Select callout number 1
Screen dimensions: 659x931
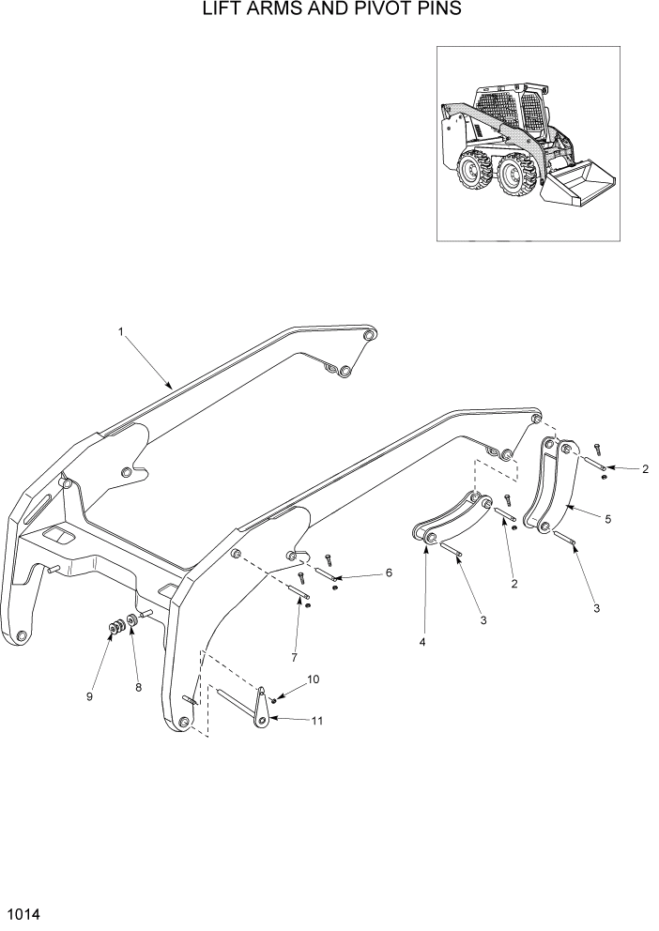click(x=121, y=331)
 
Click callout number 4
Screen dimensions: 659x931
click(x=422, y=641)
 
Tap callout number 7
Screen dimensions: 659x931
click(x=294, y=654)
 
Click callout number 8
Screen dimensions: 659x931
click(x=139, y=687)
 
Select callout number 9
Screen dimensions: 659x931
click(x=90, y=695)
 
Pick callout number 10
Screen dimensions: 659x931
click(x=313, y=679)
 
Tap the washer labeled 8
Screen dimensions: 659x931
click(x=133, y=621)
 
